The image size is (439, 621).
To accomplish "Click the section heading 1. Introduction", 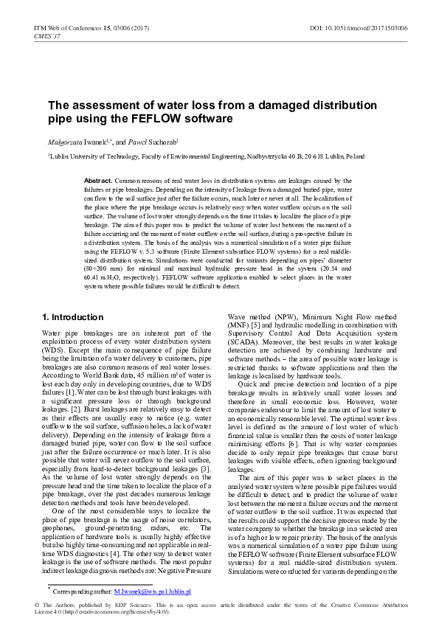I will (x=73, y=317).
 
